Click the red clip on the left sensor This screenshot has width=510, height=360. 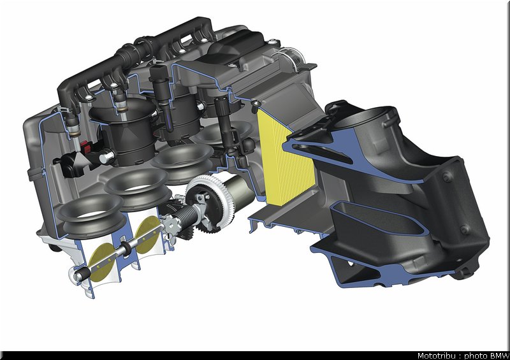coord(85,147)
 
